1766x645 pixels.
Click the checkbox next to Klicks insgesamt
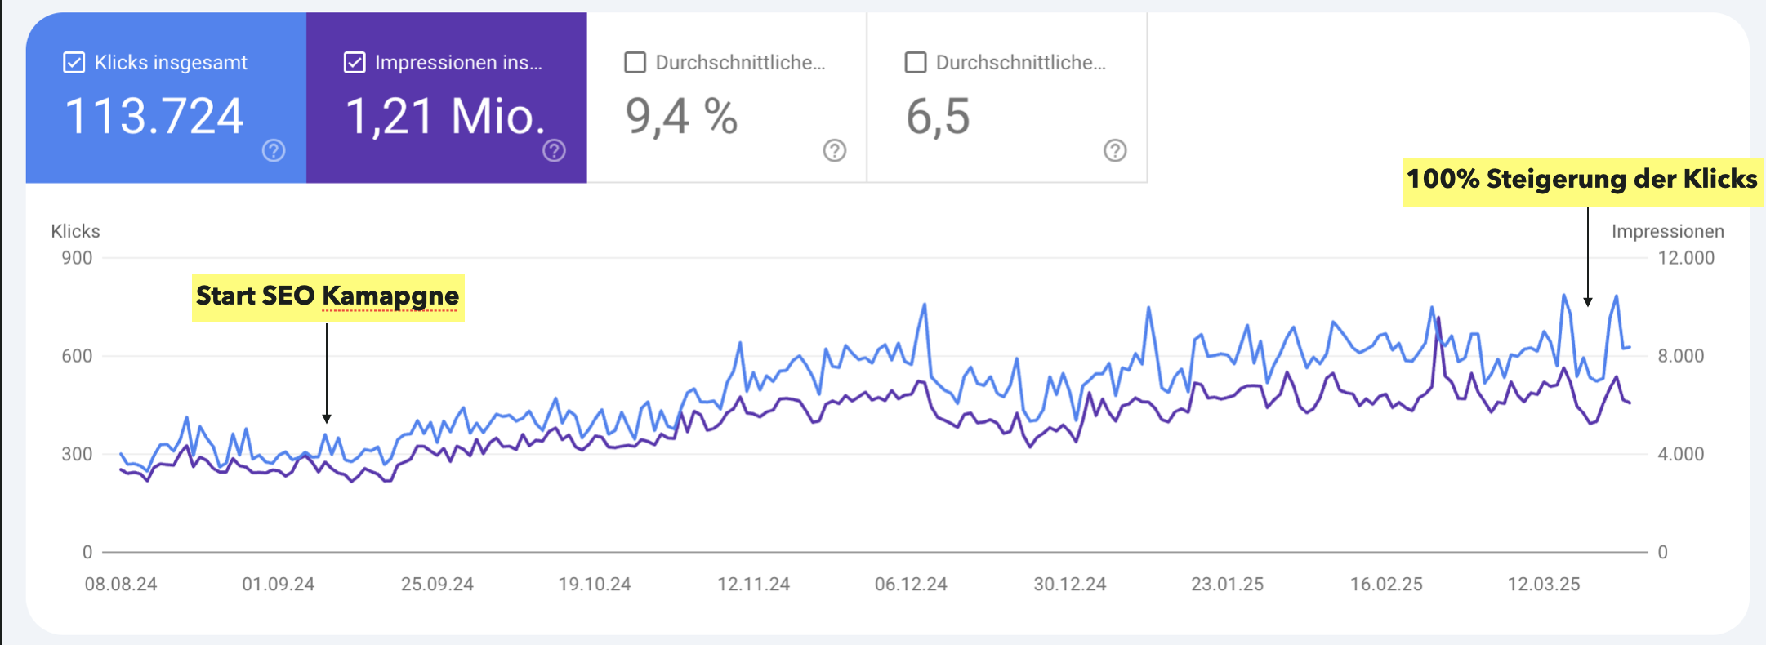(x=74, y=63)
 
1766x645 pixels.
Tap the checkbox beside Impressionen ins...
(x=355, y=63)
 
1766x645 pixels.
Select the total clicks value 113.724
(x=154, y=116)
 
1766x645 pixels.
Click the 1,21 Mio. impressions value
(x=445, y=116)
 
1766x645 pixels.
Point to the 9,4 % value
(x=681, y=116)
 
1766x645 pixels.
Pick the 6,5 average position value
(x=938, y=116)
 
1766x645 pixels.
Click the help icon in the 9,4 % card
(x=834, y=150)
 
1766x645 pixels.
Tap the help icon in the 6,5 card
(x=1115, y=150)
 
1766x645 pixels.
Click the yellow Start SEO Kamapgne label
(x=328, y=296)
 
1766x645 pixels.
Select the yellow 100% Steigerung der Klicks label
(x=1581, y=180)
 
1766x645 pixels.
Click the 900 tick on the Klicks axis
(x=77, y=258)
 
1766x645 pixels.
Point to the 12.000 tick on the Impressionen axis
(x=1686, y=258)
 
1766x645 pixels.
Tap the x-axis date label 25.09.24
(x=437, y=585)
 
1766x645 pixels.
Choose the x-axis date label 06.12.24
(x=911, y=585)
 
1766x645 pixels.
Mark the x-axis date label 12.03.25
(x=1544, y=585)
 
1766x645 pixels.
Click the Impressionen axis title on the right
(x=1667, y=232)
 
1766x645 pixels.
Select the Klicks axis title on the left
(x=75, y=232)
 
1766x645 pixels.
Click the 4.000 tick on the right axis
(x=1680, y=454)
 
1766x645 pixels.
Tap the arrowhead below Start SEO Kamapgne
(x=327, y=418)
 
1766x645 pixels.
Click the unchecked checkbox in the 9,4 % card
(x=635, y=63)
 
